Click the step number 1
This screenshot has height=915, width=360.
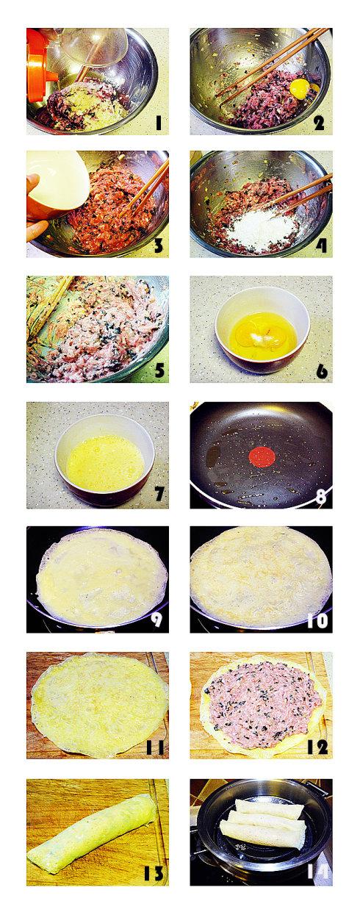[x=158, y=123]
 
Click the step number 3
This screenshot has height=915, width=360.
[x=158, y=245]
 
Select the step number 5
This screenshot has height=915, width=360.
[x=158, y=370]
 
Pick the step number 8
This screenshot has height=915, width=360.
[x=320, y=496]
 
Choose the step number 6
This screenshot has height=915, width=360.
[x=321, y=370]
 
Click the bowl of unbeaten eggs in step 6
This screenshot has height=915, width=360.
[x=262, y=330]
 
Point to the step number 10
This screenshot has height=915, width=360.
[x=317, y=620]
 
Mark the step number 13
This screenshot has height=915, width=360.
[x=154, y=873]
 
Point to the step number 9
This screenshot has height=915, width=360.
[x=156, y=620]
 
